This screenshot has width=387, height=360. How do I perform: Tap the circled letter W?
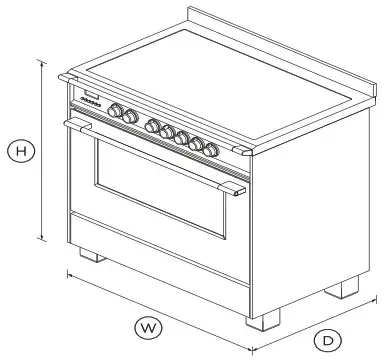click(x=148, y=326)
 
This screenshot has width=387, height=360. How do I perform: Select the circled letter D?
click(x=327, y=339)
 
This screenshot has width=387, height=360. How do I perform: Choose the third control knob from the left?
click(x=154, y=125)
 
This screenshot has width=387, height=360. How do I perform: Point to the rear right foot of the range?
click(x=346, y=289)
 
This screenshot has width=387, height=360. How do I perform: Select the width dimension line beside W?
click(x=150, y=305)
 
